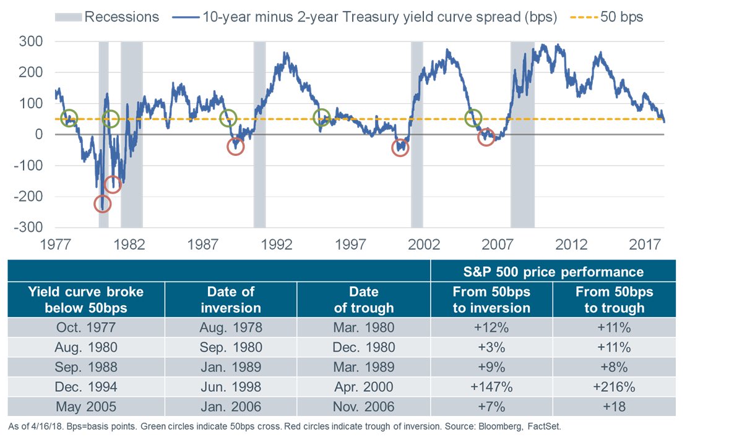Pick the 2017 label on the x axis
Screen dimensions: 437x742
click(x=644, y=245)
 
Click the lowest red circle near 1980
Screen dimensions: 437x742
click(x=103, y=203)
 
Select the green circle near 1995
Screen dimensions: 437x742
click(x=322, y=117)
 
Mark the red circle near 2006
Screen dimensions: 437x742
click(x=486, y=137)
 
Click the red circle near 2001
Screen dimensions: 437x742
click(x=400, y=148)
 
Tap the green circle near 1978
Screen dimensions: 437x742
click(x=69, y=117)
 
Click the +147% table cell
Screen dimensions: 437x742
click(x=491, y=387)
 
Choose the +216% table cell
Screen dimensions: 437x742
click(x=613, y=387)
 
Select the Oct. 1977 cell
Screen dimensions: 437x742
click(x=86, y=328)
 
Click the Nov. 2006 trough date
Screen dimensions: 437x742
click(x=363, y=407)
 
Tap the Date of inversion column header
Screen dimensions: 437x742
click(x=231, y=299)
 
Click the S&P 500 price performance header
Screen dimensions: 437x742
click(x=553, y=271)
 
